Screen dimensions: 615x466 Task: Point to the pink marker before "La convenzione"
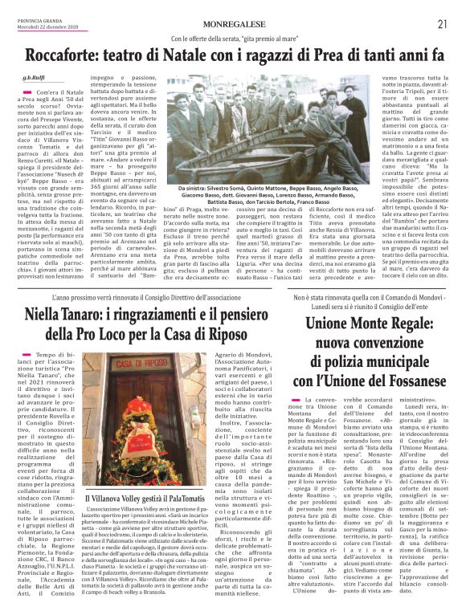pos(299,399)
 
